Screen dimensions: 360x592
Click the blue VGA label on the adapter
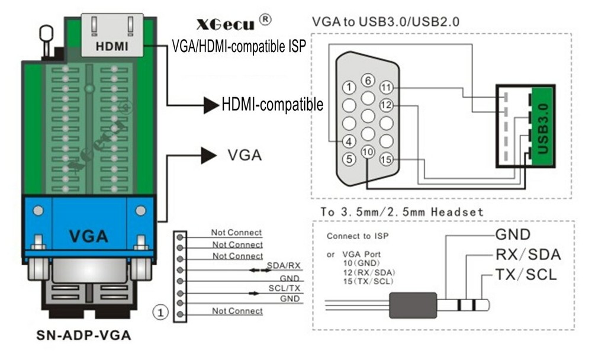tap(89, 236)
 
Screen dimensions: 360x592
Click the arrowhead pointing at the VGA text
tap(208, 155)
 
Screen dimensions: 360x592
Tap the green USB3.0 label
tap(543, 122)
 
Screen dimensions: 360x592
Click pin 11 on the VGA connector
tap(387, 88)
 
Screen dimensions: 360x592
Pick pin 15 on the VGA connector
tap(387, 159)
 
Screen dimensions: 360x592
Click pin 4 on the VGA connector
tap(349, 141)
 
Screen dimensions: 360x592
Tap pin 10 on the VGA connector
tap(368, 152)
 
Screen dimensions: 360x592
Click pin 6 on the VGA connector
tap(368, 81)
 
